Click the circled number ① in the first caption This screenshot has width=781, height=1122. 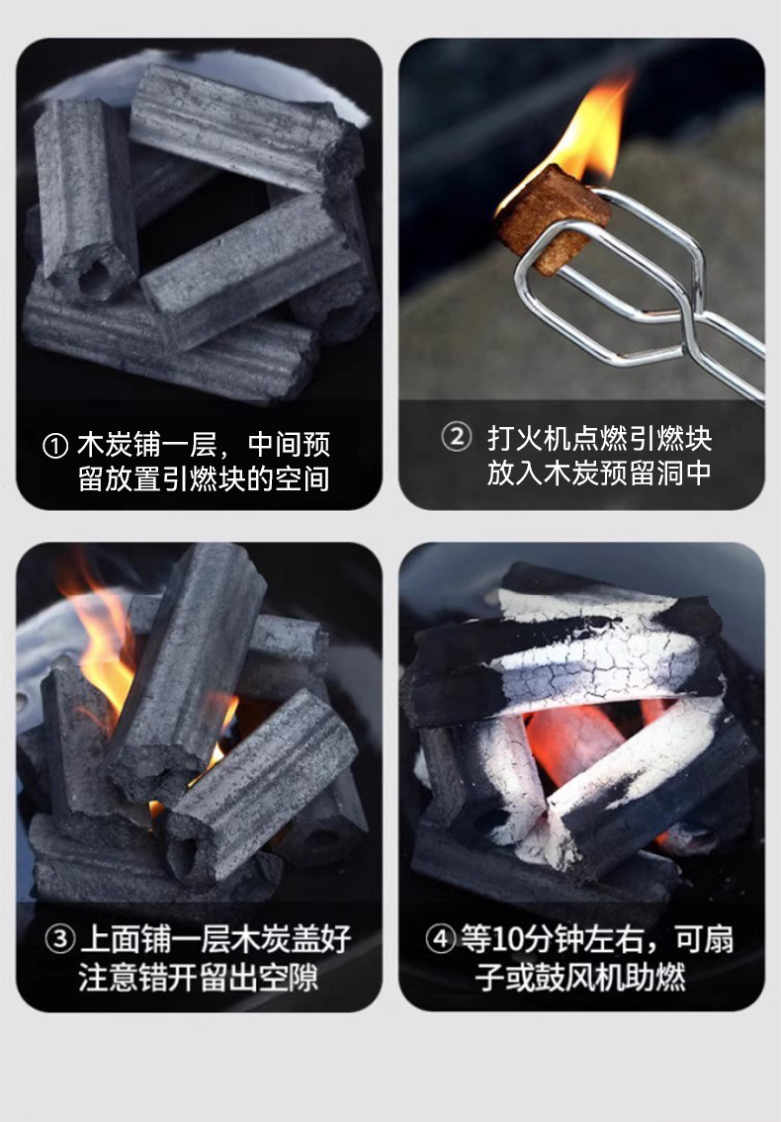tap(55, 446)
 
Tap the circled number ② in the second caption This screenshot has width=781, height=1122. tap(456, 436)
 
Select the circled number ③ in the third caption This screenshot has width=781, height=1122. tap(60, 938)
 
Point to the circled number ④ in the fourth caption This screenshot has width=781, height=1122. tap(441, 938)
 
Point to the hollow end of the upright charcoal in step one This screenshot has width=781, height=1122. tap(94, 276)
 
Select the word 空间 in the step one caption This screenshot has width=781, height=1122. tap(304, 479)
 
